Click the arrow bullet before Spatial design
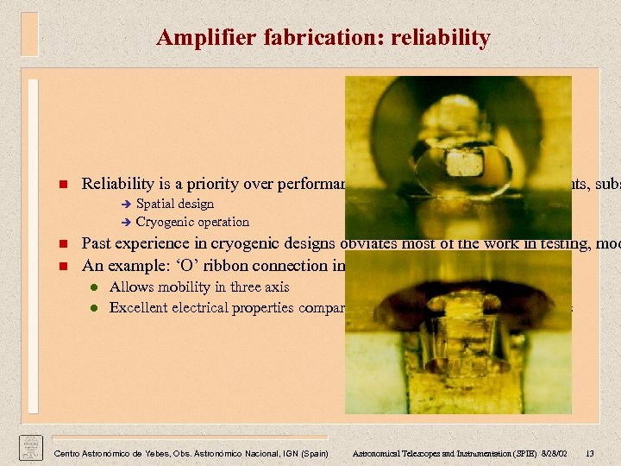click(127, 205)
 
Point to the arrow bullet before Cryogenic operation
click(127, 223)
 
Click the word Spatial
click(156, 204)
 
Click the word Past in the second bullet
click(97, 243)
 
